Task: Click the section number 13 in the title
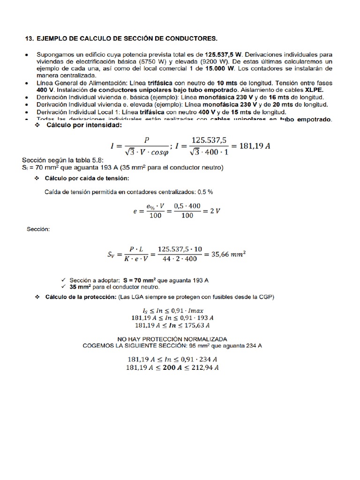(28, 37)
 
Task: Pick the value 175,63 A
(196, 325)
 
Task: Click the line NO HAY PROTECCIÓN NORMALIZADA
(172, 338)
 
